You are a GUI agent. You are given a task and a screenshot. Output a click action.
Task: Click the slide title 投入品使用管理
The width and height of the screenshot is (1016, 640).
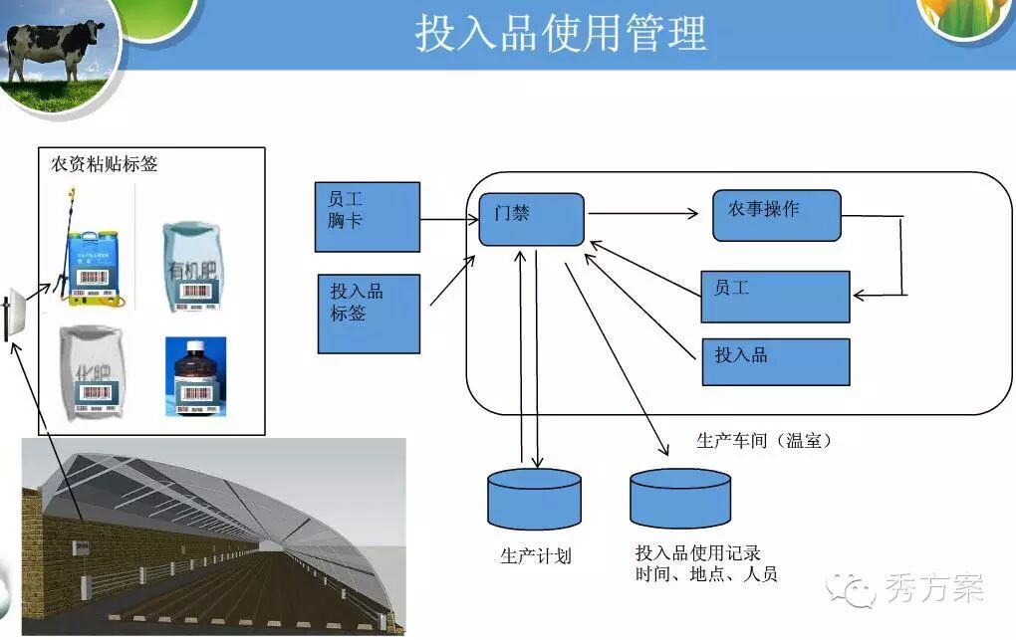561,33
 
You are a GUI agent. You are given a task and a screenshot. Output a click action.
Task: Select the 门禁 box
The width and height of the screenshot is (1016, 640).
531,219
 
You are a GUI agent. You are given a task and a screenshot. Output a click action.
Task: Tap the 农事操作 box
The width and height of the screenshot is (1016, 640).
776,215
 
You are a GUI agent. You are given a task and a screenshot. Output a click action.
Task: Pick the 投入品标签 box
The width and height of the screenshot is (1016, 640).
369,314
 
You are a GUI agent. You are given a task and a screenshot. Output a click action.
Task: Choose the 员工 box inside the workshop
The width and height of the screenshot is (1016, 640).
775,296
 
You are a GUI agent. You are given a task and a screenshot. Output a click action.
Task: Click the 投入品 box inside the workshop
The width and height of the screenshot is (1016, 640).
775,361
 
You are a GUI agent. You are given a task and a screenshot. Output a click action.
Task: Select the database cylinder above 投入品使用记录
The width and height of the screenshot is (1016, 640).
680,498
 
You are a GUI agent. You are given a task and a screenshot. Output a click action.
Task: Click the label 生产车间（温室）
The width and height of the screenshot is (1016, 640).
764,440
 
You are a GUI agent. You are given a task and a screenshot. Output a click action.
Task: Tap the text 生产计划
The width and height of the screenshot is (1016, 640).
536,555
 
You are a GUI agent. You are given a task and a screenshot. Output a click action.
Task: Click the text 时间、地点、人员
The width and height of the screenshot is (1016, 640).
706,574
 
